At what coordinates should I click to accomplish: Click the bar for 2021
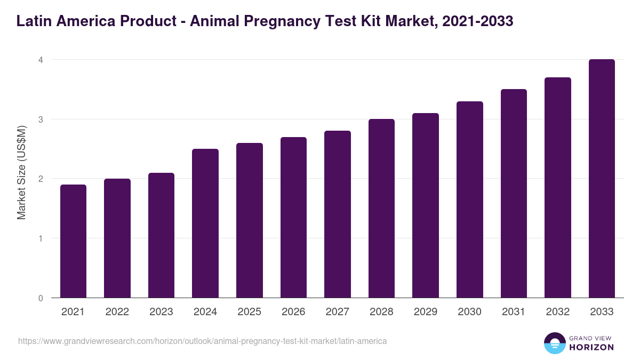point(73,241)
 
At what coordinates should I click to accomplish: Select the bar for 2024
point(205,223)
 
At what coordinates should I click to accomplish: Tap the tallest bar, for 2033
point(602,179)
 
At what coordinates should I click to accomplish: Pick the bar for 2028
point(381,208)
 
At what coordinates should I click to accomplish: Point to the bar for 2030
point(469,199)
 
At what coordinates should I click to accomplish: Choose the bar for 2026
point(293,217)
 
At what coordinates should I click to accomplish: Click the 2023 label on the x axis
point(161,312)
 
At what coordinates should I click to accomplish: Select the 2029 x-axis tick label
point(426,312)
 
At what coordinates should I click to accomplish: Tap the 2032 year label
point(558,312)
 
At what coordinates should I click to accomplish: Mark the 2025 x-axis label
point(249,312)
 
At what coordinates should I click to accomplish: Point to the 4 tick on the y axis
point(40,60)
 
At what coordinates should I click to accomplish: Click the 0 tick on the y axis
point(40,298)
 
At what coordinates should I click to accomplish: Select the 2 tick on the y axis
point(40,179)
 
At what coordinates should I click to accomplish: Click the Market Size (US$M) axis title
point(21,173)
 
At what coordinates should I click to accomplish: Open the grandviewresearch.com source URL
point(202,341)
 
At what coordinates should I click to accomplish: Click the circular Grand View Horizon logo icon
point(554,343)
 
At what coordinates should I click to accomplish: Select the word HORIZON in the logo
point(592,347)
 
